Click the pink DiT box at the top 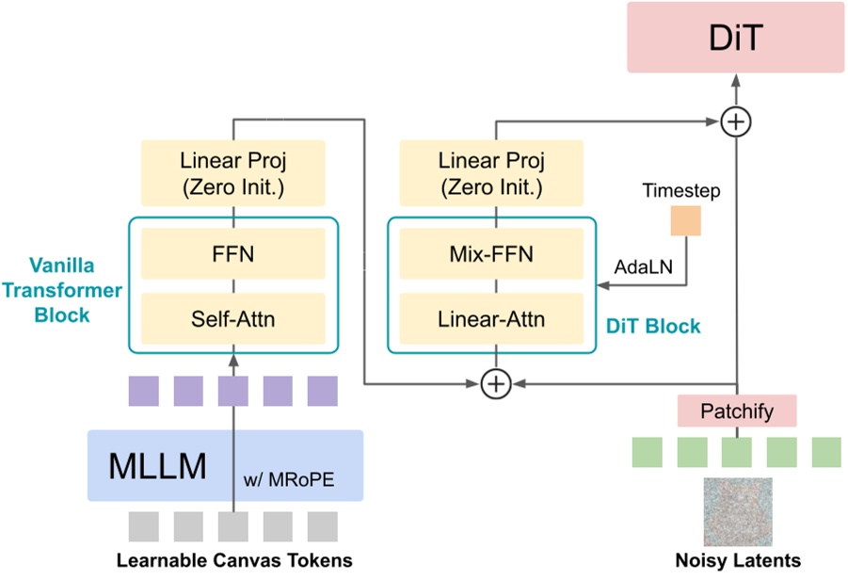coord(736,38)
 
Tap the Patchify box coord(737,411)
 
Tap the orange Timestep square coord(684,221)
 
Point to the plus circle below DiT coord(735,121)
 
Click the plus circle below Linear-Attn coord(495,383)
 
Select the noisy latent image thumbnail coord(738,511)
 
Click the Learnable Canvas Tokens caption coord(233,561)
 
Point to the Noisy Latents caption coord(737,561)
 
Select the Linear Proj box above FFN coord(232,172)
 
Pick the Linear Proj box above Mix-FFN coord(491,172)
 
